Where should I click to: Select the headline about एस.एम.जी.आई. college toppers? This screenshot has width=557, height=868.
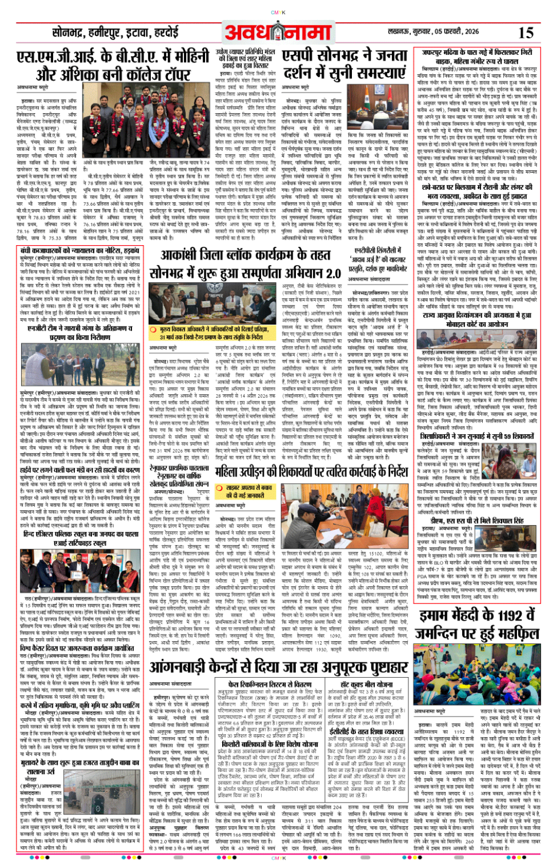(x=113, y=65)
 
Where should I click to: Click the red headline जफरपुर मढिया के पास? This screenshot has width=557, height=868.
(x=476, y=57)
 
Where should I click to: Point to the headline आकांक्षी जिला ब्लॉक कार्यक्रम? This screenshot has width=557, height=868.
(x=245, y=255)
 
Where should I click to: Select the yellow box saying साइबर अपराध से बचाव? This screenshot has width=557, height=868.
(x=249, y=491)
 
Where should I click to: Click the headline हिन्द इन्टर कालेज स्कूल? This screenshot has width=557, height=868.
(x=80, y=538)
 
